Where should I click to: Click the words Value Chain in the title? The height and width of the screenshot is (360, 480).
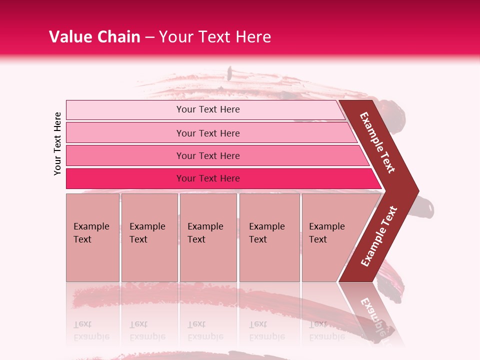(94, 37)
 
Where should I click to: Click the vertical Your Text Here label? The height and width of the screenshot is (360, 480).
(57, 143)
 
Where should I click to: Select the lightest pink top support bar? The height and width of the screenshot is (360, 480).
(125, 109)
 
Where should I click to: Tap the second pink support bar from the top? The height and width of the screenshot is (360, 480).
(125, 133)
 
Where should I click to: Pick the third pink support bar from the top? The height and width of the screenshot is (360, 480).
(125, 155)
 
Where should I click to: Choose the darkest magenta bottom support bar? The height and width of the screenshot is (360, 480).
(125, 178)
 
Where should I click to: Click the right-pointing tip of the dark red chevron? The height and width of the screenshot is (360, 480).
(415, 191)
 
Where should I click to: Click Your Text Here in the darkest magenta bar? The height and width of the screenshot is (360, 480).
(208, 178)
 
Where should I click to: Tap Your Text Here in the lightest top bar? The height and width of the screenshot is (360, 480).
(208, 109)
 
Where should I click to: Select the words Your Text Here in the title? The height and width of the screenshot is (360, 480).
(215, 37)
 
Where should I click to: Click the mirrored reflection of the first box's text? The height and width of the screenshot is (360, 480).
(91, 330)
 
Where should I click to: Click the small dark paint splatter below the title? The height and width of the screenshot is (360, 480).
(229, 74)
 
